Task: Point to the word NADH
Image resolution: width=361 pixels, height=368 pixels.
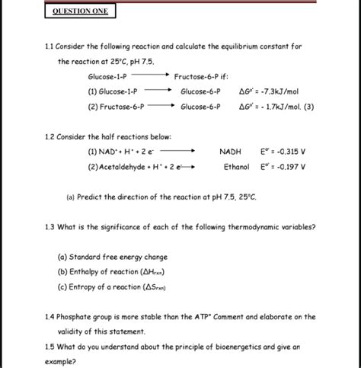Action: pyautogui.click(x=229, y=151)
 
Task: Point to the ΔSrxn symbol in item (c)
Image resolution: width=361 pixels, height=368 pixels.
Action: pyautogui.click(x=154, y=286)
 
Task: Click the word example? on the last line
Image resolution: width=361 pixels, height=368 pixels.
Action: pyautogui.click(x=61, y=361)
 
